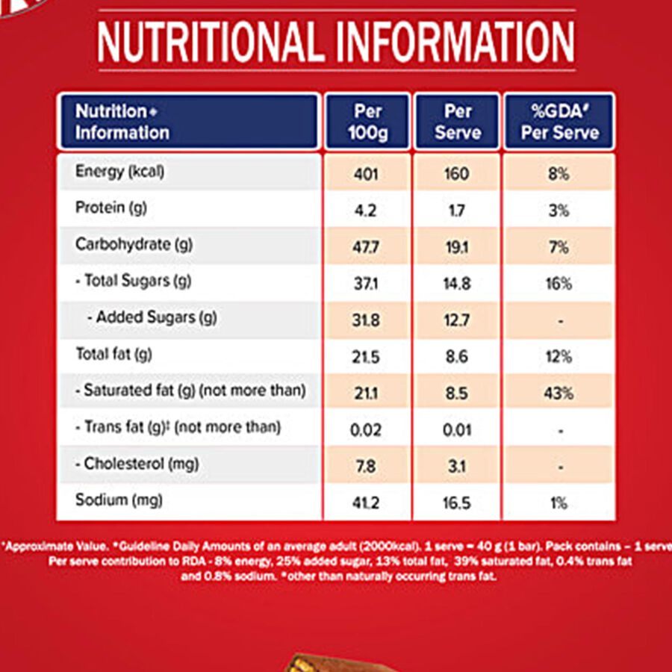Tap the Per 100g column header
(367, 122)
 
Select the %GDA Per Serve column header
(559, 122)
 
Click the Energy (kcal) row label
(119, 172)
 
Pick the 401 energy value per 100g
(367, 175)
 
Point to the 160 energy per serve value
(456, 175)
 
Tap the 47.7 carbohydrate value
(367, 247)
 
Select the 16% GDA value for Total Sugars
(559, 284)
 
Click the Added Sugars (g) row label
(152, 317)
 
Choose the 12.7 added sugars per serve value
(456, 320)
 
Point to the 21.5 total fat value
(367, 357)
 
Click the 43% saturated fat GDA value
(559, 393)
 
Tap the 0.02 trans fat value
(367, 430)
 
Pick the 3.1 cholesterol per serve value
(456, 467)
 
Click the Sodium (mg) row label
(119, 500)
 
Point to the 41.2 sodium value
(367, 503)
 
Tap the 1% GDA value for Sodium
(559, 503)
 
